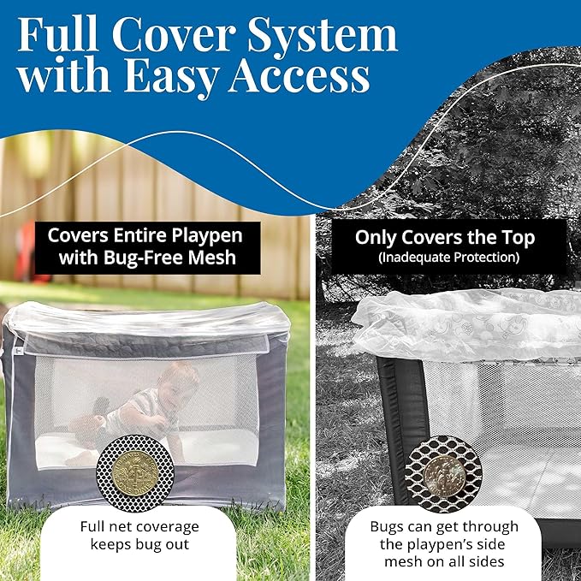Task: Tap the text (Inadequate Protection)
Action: click(448, 256)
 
